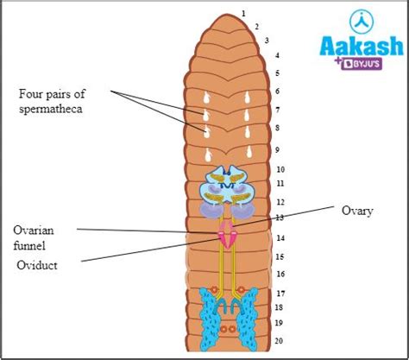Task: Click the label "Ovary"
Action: (x=356, y=210)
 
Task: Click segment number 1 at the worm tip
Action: (x=244, y=13)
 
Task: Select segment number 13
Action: (x=280, y=218)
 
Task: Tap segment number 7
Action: (x=277, y=110)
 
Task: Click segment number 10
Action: (x=280, y=169)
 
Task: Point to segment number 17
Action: (x=280, y=293)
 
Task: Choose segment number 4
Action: (x=277, y=55)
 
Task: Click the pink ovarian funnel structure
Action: (x=229, y=234)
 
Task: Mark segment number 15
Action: (x=280, y=256)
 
